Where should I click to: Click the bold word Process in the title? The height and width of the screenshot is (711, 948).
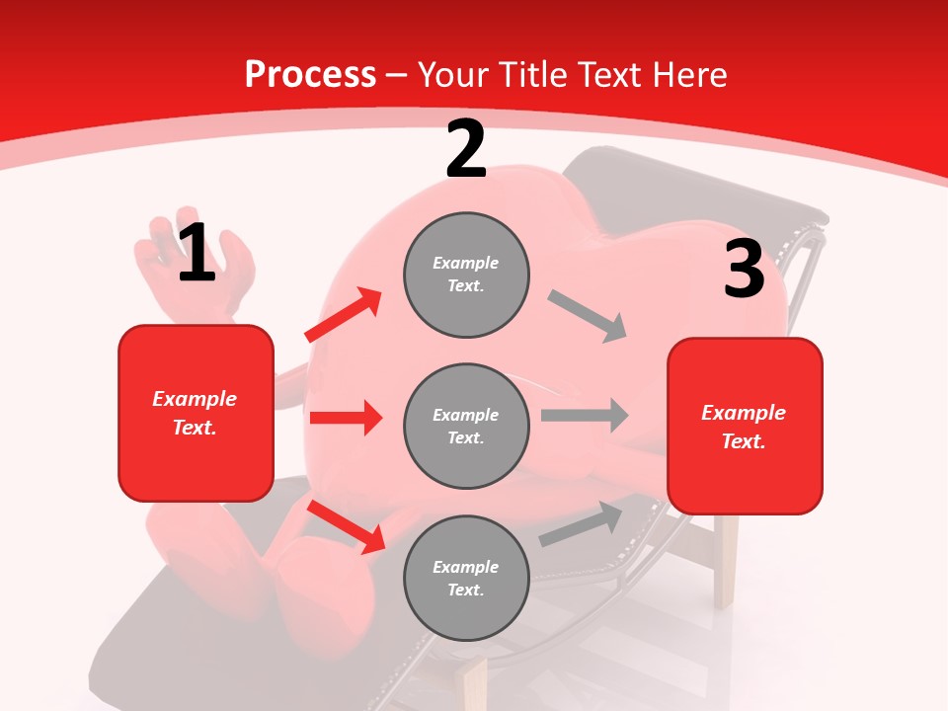pyautogui.click(x=310, y=75)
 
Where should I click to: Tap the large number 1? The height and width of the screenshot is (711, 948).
pyautogui.click(x=197, y=253)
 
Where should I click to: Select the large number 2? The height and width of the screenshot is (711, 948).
pyautogui.click(x=466, y=150)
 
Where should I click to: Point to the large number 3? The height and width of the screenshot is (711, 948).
pyautogui.click(x=744, y=269)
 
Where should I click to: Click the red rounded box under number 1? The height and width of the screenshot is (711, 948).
pyautogui.click(x=196, y=413)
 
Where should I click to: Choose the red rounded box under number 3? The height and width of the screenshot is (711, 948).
pyautogui.click(x=745, y=426)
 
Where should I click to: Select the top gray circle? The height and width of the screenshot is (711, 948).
pyautogui.click(x=466, y=275)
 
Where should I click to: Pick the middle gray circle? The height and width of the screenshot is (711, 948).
pyautogui.click(x=466, y=426)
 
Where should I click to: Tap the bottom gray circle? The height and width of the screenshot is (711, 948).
pyautogui.click(x=466, y=578)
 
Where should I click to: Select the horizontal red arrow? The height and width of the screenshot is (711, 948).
pyautogui.click(x=345, y=418)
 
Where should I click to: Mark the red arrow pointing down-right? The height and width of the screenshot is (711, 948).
pyautogui.click(x=346, y=525)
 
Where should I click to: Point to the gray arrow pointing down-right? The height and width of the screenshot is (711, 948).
pyautogui.click(x=587, y=316)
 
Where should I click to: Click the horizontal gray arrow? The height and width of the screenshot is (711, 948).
pyautogui.click(x=584, y=415)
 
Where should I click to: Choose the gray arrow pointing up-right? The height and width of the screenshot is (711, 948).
pyautogui.click(x=581, y=524)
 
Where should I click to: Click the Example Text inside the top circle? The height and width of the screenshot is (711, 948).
pyautogui.click(x=466, y=275)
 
